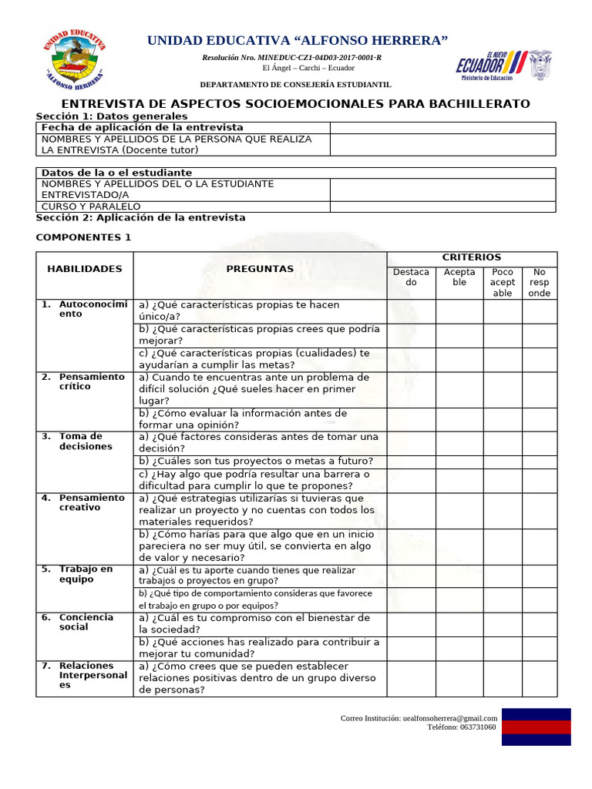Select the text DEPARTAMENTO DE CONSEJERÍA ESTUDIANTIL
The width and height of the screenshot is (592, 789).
296,84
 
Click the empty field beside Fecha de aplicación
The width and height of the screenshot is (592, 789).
442,127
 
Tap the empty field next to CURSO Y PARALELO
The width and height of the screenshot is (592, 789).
442,206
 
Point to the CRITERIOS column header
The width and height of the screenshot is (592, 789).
471,257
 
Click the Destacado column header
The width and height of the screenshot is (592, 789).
411,277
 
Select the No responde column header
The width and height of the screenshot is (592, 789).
539,282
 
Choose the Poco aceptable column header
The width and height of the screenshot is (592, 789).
503,282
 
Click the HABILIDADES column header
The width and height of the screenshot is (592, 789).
85,269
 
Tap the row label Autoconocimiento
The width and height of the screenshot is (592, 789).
92,309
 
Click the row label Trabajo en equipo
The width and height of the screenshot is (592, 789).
86,574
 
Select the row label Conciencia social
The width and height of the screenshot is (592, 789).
86,622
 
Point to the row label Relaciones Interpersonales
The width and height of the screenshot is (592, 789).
92,675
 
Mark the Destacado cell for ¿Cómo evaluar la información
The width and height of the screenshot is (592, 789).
411,418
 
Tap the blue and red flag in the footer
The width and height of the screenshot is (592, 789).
536,727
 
